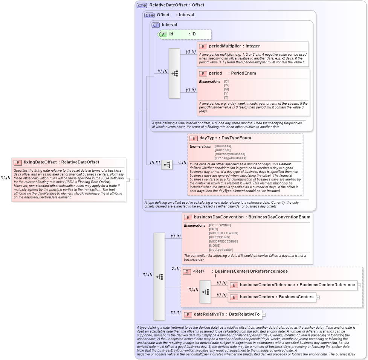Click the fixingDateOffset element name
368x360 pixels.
click(40, 162)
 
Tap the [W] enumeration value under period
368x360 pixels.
click(226, 85)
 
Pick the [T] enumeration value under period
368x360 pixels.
click(226, 98)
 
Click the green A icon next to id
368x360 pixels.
click(163, 34)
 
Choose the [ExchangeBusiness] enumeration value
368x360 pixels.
click(230, 158)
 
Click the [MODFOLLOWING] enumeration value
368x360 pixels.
click(223, 233)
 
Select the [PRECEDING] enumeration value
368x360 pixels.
click(220, 237)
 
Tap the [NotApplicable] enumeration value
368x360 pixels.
click(221, 250)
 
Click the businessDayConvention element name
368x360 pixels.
click(218, 217)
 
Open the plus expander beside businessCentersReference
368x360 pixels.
click(359, 285)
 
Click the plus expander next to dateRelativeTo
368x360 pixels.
click(264, 314)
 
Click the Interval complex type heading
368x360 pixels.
click(169, 25)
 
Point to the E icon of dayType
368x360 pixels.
click(194, 138)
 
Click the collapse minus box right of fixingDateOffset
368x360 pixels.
click(128, 180)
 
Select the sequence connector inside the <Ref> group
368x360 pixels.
click(205, 292)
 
